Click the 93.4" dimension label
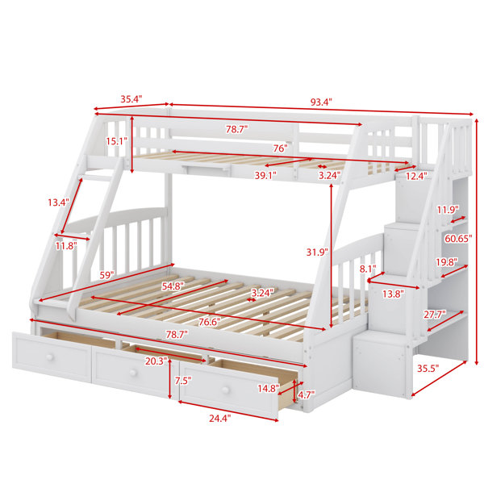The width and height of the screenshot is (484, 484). (x=321, y=102)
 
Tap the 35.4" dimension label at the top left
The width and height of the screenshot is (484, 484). (x=131, y=99)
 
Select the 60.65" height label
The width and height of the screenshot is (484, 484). (x=458, y=238)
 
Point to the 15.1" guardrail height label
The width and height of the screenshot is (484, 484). (x=117, y=141)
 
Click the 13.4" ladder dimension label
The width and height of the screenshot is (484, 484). (x=58, y=202)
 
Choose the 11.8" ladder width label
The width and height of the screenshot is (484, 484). (x=66, y=246)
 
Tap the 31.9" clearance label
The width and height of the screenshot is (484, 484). (x=317, y=252)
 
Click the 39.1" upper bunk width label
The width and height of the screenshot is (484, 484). (x=265, y=175)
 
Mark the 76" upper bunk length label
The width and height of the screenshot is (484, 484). (x=280, y=148)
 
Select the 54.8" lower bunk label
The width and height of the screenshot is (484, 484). (x=173, y=286)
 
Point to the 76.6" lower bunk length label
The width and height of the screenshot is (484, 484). (x=210, y=322)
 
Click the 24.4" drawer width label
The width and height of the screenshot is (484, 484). (x=220, y=419)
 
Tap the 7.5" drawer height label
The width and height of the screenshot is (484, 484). (x=183, y=381)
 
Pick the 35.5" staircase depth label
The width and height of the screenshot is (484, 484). (x=428, y=369)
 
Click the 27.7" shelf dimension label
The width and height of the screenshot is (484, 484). (x=434, y=315)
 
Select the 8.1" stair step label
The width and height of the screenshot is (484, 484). (x=368, y=269)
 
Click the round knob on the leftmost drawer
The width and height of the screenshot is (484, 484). (x=49, y=357)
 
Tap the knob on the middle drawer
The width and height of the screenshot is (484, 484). (x=133, y=373)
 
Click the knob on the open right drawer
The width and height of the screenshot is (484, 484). (x=226, y=390)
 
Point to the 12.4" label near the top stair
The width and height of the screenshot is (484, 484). (x=416, y=176)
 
